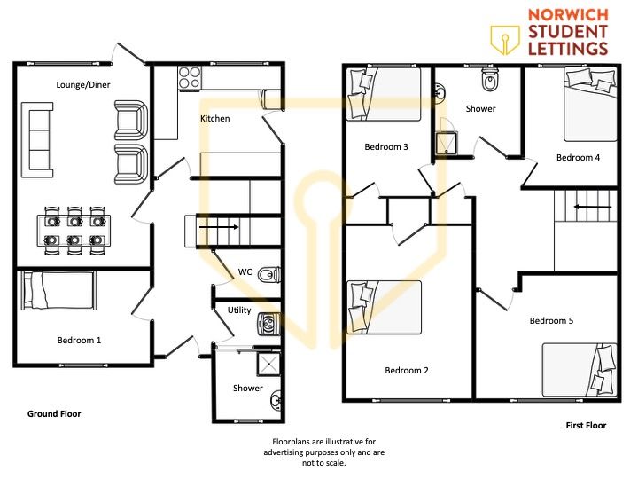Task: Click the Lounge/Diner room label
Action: click(83, 85)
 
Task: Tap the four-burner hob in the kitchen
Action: click(190, 78)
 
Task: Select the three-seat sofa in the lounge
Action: click(37, 140)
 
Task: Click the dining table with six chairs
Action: click(74, 231)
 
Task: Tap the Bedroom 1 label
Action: click(79, 340)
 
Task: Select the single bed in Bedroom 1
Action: click(59, 290)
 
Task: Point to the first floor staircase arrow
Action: click(593, 207)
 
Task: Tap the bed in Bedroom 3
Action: click(384, 94)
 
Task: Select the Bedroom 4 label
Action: click(578, 158)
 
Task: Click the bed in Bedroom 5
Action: click(580, 370)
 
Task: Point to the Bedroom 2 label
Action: click(407, 370)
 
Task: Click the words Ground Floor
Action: click(54, 414)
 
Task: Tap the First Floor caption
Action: click(586, 425)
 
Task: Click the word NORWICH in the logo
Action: click(568, 15)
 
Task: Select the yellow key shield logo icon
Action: click(505, 40)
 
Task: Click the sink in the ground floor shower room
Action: click(276, 399)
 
